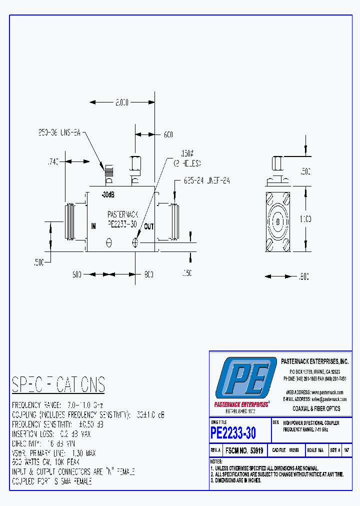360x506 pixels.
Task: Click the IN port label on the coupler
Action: pos(93,226)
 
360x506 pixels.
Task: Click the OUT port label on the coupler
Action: pos(149,226)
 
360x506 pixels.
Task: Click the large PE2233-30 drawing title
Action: pos(233,431)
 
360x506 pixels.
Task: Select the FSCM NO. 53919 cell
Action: pos(244,450)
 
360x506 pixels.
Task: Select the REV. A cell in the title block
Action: pos(215,450)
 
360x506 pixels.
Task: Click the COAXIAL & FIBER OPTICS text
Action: pos(316,408)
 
